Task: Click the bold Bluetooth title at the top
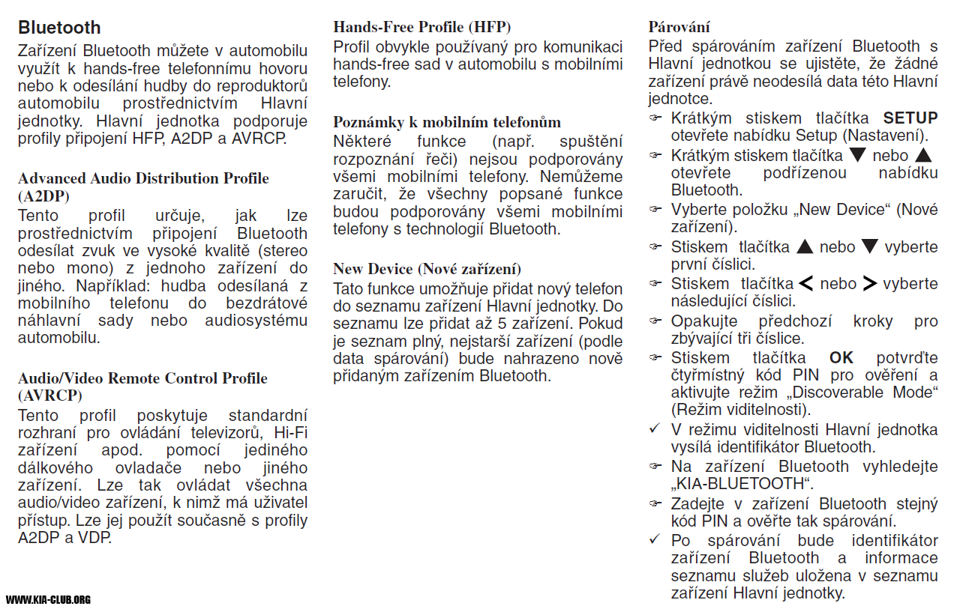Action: tap(59, 28)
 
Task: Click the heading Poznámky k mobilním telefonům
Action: tap(447, 122)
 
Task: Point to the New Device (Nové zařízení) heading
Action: tap(427, 269)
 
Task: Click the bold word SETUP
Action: tap(910, 118)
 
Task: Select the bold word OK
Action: tap(841, 358)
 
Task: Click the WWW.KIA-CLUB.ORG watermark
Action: tap(49, 599)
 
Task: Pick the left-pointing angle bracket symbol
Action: tap(806, 284)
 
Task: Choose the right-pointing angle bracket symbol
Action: tap(869, 284)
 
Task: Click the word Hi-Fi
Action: tap(291, 432)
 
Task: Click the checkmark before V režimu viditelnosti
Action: tap(655, 429)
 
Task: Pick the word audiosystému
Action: tap(256, 321)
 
